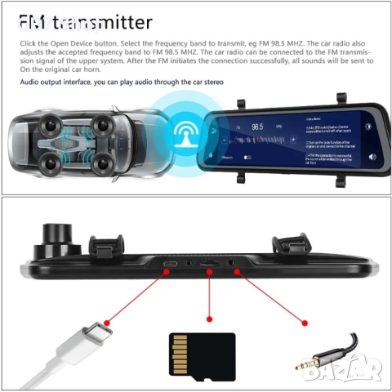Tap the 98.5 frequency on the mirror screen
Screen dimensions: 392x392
pos(258,127)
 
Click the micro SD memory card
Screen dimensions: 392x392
pos(201,354)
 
